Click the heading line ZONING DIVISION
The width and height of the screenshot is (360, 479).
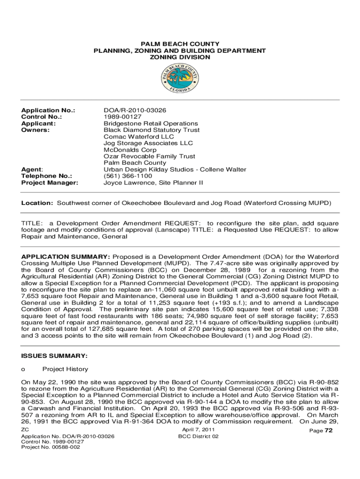click(180, 57)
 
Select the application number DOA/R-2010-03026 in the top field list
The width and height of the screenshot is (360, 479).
click(135, 110)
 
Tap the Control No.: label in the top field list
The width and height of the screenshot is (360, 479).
click(42, 117)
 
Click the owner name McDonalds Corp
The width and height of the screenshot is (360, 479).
click(130, 150)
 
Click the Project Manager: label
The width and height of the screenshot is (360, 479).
click(50, 182)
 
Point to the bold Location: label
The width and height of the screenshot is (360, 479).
click(37, 203)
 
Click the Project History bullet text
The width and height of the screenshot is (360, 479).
click(65, 370)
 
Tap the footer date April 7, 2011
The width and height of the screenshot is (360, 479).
click(198, 429)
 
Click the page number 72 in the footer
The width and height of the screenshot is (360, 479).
click(328, 431)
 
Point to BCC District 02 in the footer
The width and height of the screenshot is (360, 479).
click(198, 436)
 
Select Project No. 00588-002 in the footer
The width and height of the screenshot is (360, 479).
click(50, 447)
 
